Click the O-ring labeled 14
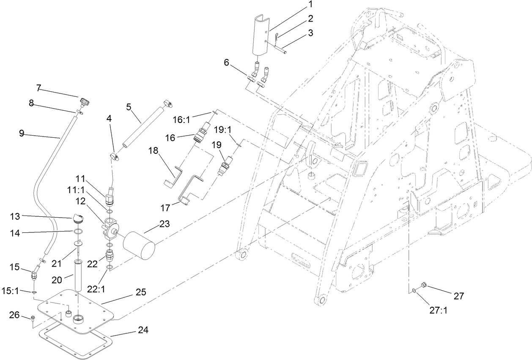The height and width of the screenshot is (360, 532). [77, 232]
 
